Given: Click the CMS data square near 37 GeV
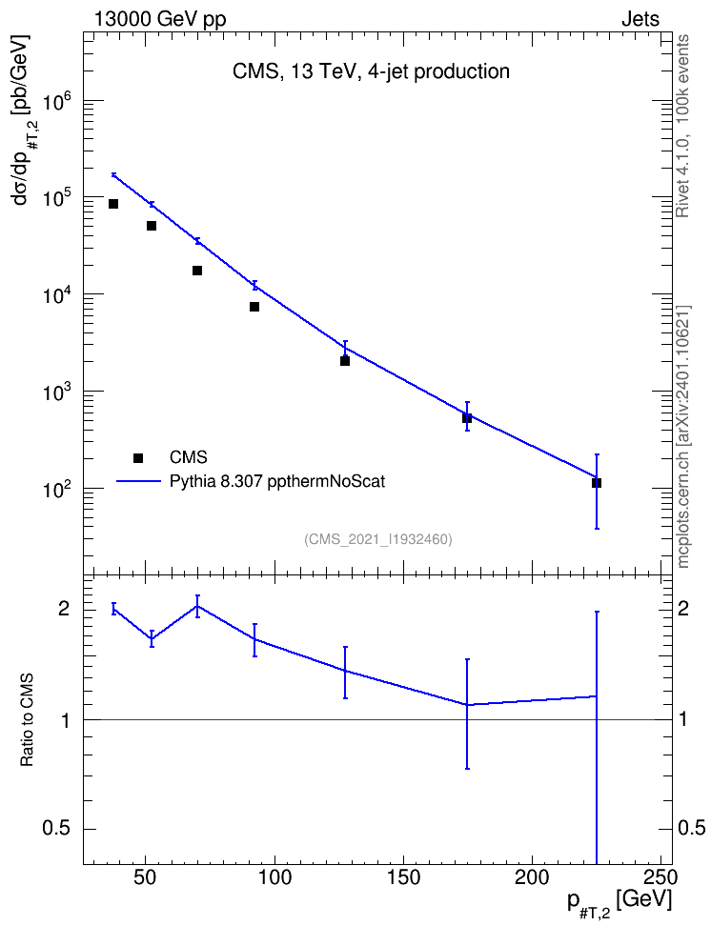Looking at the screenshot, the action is (x=113, y=204).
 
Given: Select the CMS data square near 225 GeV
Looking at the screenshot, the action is (x=597, y=483).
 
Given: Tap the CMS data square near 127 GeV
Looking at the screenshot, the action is (x=345, y=361).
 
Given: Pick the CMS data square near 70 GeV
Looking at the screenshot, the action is (x=197, y=271).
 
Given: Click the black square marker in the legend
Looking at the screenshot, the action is (x=138, y=457).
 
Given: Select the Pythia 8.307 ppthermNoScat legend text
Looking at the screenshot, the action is (x=277, y=482).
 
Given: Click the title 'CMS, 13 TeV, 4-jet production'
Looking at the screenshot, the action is (x=371, y=71).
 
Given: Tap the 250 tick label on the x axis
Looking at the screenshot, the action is (x=660, y=877).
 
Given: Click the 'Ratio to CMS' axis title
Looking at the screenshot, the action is (x=28, y=720).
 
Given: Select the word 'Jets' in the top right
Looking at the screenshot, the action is (x=640, y=19).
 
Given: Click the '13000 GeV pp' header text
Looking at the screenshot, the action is (x=160, y=20).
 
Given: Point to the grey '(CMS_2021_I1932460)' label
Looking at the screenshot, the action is (x=378, y=539).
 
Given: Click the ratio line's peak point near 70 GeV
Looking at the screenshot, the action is (x=197, y=606).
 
